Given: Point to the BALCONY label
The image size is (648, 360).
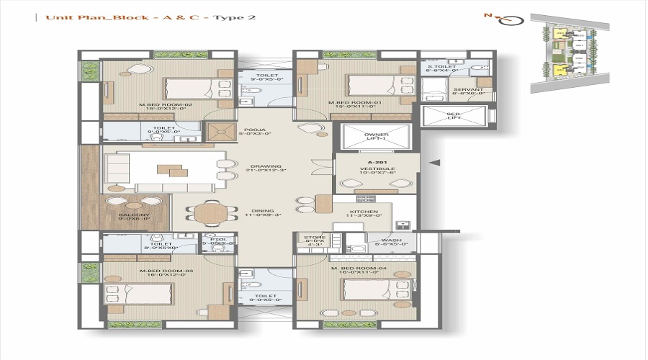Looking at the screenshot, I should pyautogui.click(x=135, y=215).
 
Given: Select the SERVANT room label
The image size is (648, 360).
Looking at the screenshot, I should pyautogui.click(x=467, y=89).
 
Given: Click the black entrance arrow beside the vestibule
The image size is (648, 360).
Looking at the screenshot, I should pyautogui.click(x=435, y=163).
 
